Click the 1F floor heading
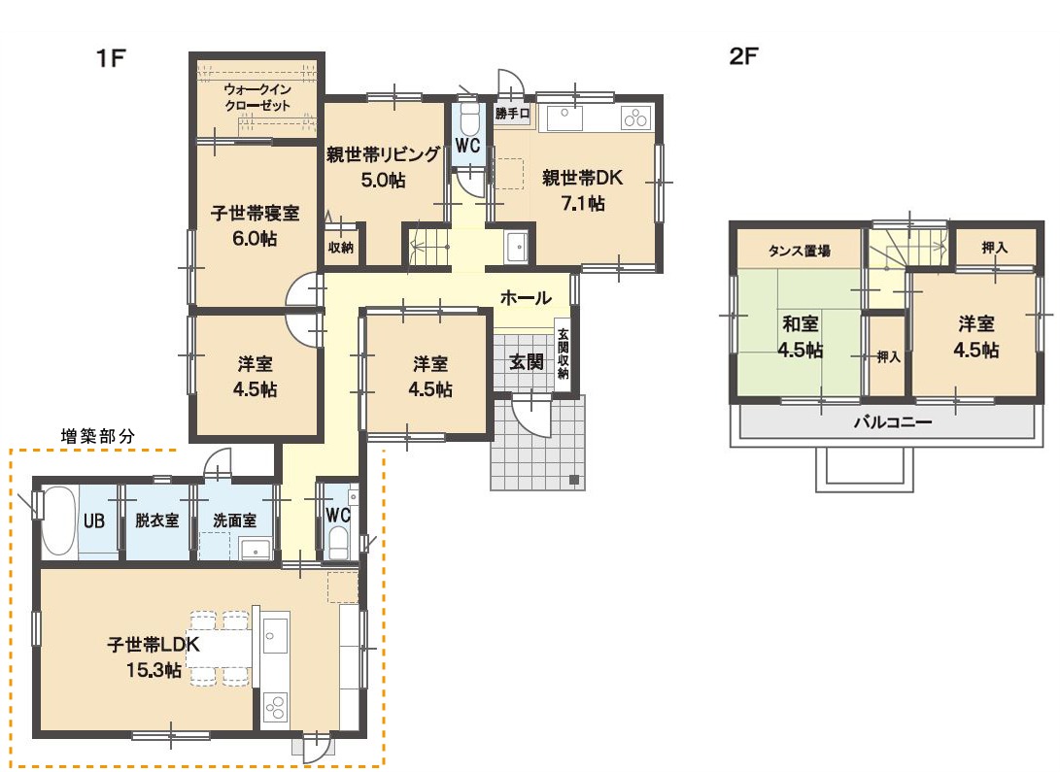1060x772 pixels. [111, 58]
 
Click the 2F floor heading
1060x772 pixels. [743, 56]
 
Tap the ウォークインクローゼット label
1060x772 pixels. [257, 97]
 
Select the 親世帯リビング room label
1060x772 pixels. [383, 154]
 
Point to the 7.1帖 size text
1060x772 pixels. [583, 203]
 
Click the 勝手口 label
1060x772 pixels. [512, 114]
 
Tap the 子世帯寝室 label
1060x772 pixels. [255, 214]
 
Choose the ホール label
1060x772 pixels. [526, 297]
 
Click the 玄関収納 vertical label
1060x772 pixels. [564, 353]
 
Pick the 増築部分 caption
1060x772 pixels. [98, 436]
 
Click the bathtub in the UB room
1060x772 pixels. [59, 520]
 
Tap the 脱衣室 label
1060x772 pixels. [156, 520]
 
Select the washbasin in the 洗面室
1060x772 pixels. [256, 549]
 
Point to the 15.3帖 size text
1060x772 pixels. [154, 670]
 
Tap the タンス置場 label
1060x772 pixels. [799, 252]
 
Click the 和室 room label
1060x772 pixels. [801, 324]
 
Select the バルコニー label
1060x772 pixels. [892, 422]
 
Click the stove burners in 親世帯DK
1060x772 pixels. [635, 118]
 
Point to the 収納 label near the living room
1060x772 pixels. [341, 248]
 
